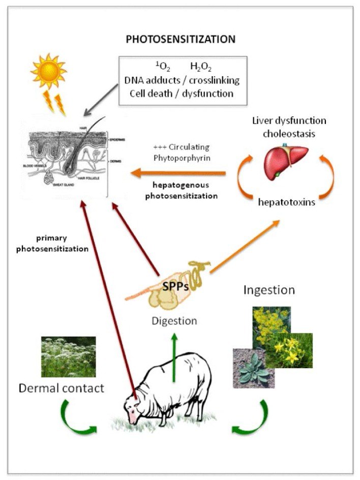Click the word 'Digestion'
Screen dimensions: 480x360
click(x=174, y=321)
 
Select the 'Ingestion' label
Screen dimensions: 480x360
click(x=269, y=290)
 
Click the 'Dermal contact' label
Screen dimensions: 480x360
click(x=62, y=388)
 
